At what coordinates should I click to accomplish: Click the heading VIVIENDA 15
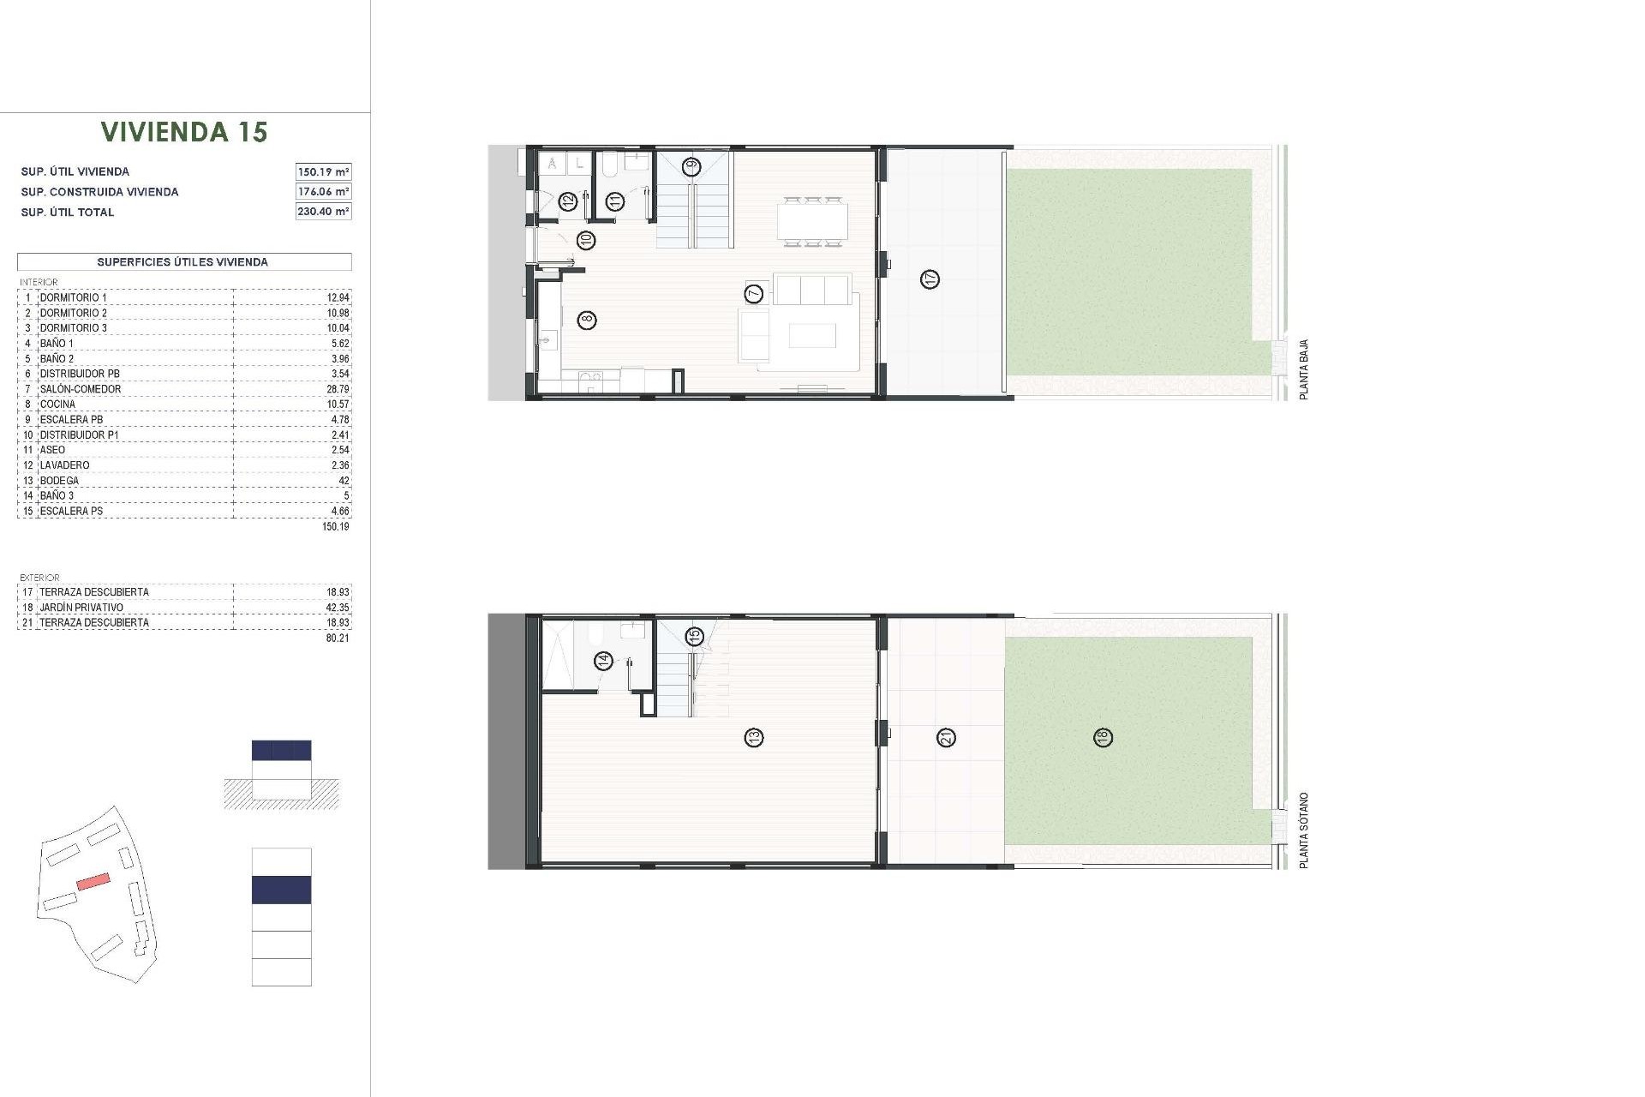184,132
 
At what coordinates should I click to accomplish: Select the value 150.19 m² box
323,171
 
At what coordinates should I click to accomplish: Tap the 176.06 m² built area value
323,192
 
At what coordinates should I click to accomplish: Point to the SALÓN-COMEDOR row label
81,389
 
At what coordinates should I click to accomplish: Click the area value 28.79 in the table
338,389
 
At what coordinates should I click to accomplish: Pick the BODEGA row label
59,481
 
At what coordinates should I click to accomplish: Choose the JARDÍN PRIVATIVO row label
81,608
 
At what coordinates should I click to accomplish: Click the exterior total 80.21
338,638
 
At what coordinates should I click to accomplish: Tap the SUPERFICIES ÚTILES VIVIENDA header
182,262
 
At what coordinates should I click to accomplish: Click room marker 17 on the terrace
930,279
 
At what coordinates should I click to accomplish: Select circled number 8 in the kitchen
587,321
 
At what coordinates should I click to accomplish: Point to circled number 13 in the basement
754,737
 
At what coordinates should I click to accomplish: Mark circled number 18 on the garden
1104,737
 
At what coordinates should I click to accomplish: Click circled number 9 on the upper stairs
691,166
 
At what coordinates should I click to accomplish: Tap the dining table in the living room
812,221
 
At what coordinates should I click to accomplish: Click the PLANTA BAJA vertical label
1304,369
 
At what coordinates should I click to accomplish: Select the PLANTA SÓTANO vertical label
1304,830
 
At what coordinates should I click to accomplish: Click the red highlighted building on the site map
93,881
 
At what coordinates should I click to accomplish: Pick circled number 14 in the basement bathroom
605,661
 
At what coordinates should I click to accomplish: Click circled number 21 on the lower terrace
947,737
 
